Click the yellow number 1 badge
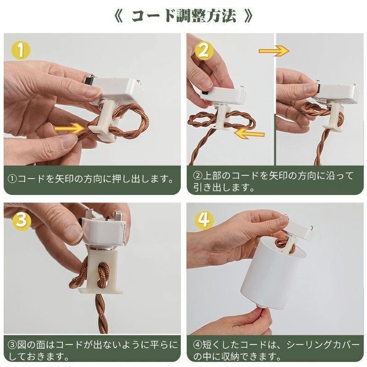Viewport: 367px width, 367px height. click(x=21, y=50)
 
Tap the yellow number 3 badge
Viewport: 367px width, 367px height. click(x=21, y=219)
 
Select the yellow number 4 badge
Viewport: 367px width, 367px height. click(x=204, y=220)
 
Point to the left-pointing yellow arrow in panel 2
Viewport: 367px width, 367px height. click(x=250, y=134)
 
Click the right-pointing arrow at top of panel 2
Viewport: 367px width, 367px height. click(x=274, y=51)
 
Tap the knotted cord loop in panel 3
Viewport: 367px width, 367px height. click(x=102, y=274)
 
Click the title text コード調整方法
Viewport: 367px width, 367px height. click(x=183, y=16)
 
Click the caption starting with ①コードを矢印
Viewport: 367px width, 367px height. click(x=92, y=179)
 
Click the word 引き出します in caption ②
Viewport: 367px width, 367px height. click(x=224, y=187)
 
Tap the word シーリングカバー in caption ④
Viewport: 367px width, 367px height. click(x=323, y=345)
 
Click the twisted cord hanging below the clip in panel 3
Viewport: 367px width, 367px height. click(x=102, y=314)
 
